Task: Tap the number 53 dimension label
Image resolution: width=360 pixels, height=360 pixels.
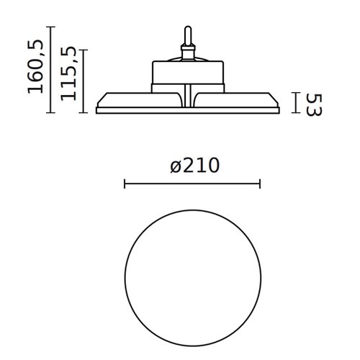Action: [x=312, y=103]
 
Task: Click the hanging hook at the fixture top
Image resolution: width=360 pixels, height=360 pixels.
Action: [x=189, y=36]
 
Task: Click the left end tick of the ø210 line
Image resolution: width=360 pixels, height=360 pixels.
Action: [x=125, y=185]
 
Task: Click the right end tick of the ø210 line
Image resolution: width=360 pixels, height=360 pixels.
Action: [x=260, y=185]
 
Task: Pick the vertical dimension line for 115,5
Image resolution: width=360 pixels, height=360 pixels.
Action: [x=85, y=81]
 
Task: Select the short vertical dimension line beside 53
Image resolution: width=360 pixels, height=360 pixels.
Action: [x=295, y=102]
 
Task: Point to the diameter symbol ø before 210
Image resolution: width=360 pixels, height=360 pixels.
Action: [x=176, y=167]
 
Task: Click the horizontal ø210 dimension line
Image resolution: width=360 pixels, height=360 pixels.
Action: [x=192, y=185]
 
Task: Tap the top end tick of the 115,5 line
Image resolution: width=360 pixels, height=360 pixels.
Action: [x=85, y=50]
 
